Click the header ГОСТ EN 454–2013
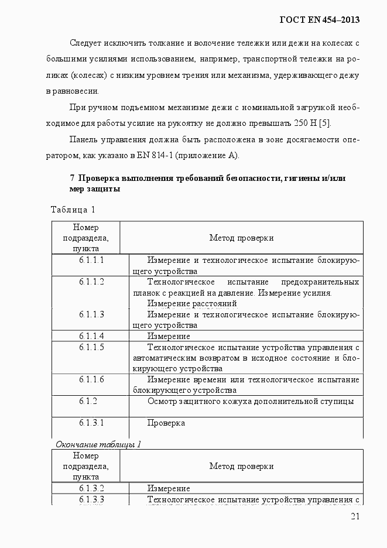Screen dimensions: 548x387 click(x=320, y=19)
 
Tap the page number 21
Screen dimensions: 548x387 click(x=355, y=516)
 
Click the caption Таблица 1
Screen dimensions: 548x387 click(x=73, y=210)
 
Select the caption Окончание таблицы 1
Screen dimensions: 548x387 click(x=98, y=444)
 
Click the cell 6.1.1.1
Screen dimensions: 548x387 click(x=91, y=260)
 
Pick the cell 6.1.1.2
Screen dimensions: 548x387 click(x=91, y=282)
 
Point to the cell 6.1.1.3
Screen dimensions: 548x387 click(x=91, y=314)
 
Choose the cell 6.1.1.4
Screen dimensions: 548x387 click(x=91, y=336)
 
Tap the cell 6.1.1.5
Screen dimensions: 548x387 click(x=91, y=347)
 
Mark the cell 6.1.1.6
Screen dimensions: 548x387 click(x=91, y=380)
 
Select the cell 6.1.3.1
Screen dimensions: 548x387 click(x=91, y=423)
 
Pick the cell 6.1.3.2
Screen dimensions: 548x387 click(x=91, y=488)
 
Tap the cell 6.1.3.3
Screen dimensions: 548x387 click(x=91, y=499)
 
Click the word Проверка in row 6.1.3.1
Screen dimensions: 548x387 click(x=166, y=423)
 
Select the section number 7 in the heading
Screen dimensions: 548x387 click(x=72, y=178)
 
